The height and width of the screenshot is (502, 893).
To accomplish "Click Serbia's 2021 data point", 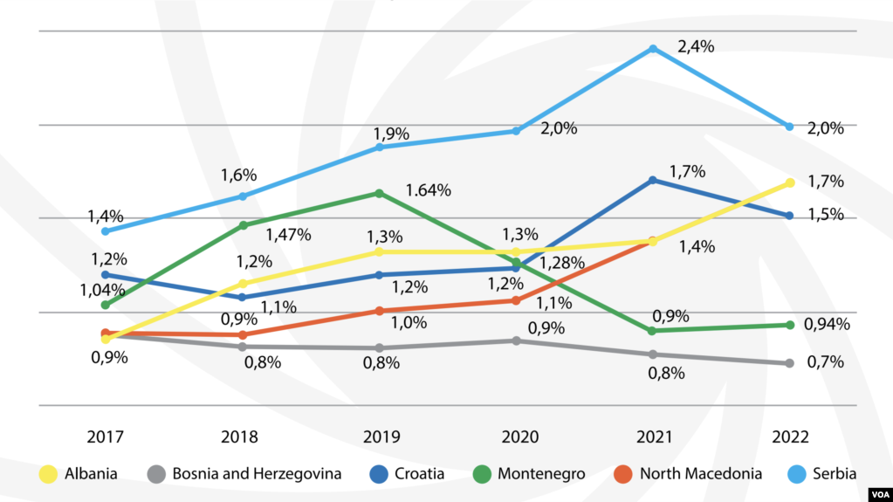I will tap(652, 49).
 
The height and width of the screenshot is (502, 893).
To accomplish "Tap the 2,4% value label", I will tap(696, 47).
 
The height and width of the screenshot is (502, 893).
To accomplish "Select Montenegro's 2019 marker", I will tap(380, 193).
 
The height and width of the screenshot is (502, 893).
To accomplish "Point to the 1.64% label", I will tap(428, 190).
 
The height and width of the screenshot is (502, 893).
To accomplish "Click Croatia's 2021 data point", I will tap(652, 180).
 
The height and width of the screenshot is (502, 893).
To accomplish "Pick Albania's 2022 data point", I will tap(790, 182).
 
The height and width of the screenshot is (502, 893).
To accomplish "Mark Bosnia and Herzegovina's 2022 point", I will tap(790, 363).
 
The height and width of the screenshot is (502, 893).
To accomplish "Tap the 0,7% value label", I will tap(825, 361).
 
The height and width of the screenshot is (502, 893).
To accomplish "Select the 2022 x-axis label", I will tap(790, 437).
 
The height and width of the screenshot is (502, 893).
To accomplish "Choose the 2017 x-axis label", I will tap(106, 437).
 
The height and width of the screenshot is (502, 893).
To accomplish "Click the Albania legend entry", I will tap(79, 474).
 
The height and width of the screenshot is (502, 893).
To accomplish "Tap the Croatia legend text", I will tap(419, 474).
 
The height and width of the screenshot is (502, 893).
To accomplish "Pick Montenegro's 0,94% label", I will tap(827, 325).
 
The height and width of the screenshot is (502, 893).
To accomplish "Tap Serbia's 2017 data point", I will tap(106, 231).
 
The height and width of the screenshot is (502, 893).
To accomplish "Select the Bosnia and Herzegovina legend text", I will tap(257, 474).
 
